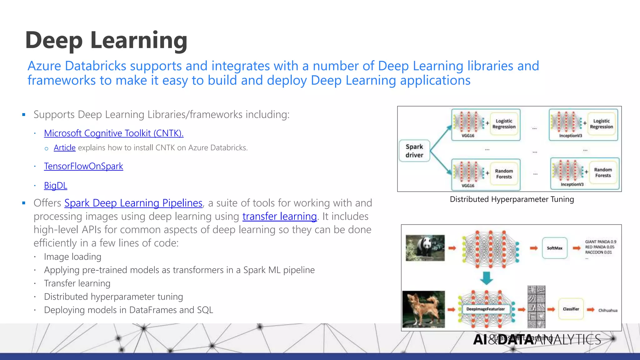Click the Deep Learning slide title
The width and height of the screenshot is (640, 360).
click(x=106, y=40)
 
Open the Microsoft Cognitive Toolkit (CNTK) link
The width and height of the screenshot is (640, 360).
click(x=113, y=133)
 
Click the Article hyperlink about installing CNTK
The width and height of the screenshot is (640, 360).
click(x=64, y=147)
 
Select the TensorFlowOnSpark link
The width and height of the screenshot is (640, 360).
click(x=83, y=166)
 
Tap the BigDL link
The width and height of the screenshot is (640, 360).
click(x=55, y=186)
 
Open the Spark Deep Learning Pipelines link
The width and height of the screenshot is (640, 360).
click(x=133, y=203)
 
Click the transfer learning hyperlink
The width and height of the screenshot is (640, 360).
click(x=279, y=217)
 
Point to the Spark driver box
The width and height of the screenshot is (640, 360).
click(x=414, y=151)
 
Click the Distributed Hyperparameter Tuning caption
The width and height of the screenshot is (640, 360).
click(x=512, y=199)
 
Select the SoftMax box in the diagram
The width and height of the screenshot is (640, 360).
click(x=554, y=248)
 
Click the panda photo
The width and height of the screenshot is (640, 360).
click(x=425, y=248)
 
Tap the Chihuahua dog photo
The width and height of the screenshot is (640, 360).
click(x=423, y=309)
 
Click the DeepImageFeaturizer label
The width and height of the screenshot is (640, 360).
click(x=485, y=309)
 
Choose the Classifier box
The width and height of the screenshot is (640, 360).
click(x=571, y=309)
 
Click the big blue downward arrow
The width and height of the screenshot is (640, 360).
click(x=486, y=277)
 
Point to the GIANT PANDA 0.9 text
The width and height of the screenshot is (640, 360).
click(x=600, y=242)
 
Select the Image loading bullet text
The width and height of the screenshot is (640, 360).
click(x=72, y=257)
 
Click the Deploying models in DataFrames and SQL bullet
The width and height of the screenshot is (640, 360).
click(x=128, y=310)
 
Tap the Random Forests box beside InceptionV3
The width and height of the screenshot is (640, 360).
click(x=603, y=172)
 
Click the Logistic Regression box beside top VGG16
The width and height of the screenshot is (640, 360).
click(x=504, y=124)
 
